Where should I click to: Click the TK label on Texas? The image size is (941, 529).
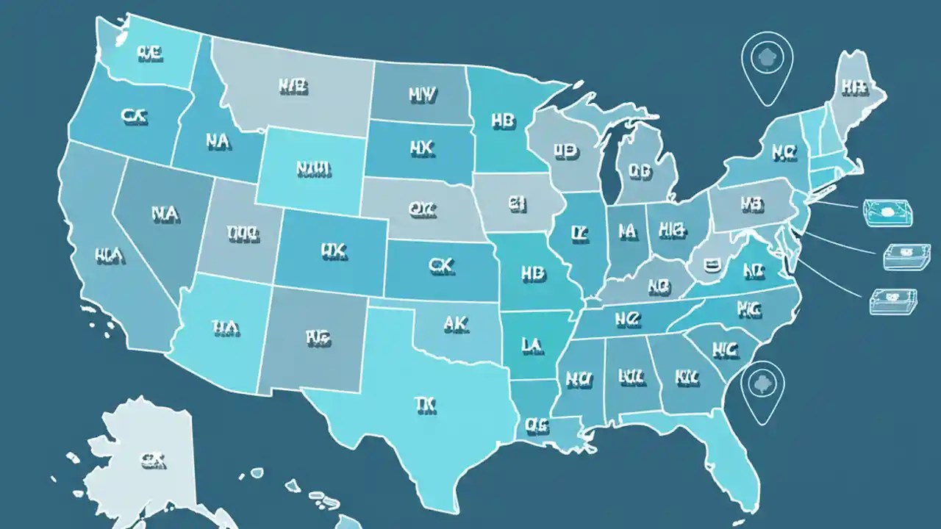click(x=424, y=403)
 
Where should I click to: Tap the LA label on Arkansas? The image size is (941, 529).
click(x=532, y=343)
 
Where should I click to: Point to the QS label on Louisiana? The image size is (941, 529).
click(x=537, y=424)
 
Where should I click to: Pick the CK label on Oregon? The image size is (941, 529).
click(x=135, y=115)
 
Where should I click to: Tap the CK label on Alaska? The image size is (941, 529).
click(x=152, y=461)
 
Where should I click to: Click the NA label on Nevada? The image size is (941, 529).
click(x=165, y=213)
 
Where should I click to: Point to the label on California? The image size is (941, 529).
click(x=110, y=256)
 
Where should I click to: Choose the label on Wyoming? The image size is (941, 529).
click(x=314, y=168)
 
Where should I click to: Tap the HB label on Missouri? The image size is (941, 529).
click(x=533, y=273)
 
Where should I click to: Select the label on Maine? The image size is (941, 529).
click(x=853, y=88)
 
